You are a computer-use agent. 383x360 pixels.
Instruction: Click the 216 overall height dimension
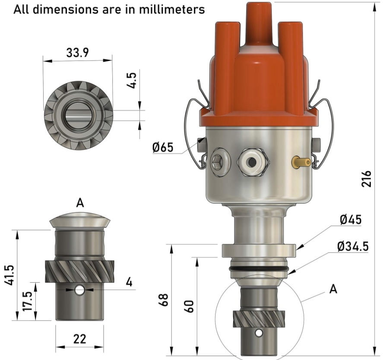pos(366,179)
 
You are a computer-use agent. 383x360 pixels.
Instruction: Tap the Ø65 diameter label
pos(163,147)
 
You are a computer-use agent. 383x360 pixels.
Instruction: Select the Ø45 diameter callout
pos(351,220)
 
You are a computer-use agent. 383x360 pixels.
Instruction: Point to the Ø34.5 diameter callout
pos(352,246)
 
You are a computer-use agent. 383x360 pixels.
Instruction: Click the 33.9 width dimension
pos(78,53)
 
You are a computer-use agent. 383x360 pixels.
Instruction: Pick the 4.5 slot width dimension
pos(132,80)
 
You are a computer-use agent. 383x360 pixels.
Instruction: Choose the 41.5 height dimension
pos(10,275)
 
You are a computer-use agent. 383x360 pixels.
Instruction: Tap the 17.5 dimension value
pos(28,301)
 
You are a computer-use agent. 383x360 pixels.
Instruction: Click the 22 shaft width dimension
pos(79,339)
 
